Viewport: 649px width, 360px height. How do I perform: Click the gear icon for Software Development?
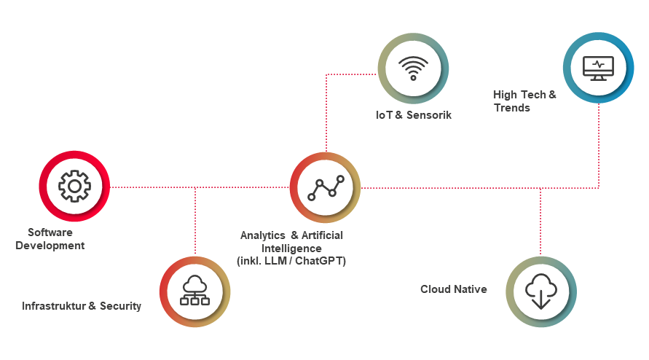(74, 187)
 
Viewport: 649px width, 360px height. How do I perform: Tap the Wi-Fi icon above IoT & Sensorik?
(413, 69)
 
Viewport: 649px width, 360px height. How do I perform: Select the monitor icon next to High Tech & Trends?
(598, 68)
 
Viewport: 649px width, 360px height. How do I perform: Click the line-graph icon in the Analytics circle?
(326, 187)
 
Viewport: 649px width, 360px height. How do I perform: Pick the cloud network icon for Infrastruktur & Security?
(194, 291)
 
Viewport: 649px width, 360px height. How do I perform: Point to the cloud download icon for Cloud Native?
(540, 291)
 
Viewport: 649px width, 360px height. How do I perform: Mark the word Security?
(120, 306)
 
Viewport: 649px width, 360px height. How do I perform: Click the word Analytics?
(262, 235)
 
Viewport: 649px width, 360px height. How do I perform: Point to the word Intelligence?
(291, 248)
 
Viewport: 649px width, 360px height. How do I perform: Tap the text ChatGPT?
(324, 260)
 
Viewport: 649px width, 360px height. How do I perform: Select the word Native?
(471, 289)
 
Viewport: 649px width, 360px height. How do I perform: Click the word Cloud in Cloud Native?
(436, 289)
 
